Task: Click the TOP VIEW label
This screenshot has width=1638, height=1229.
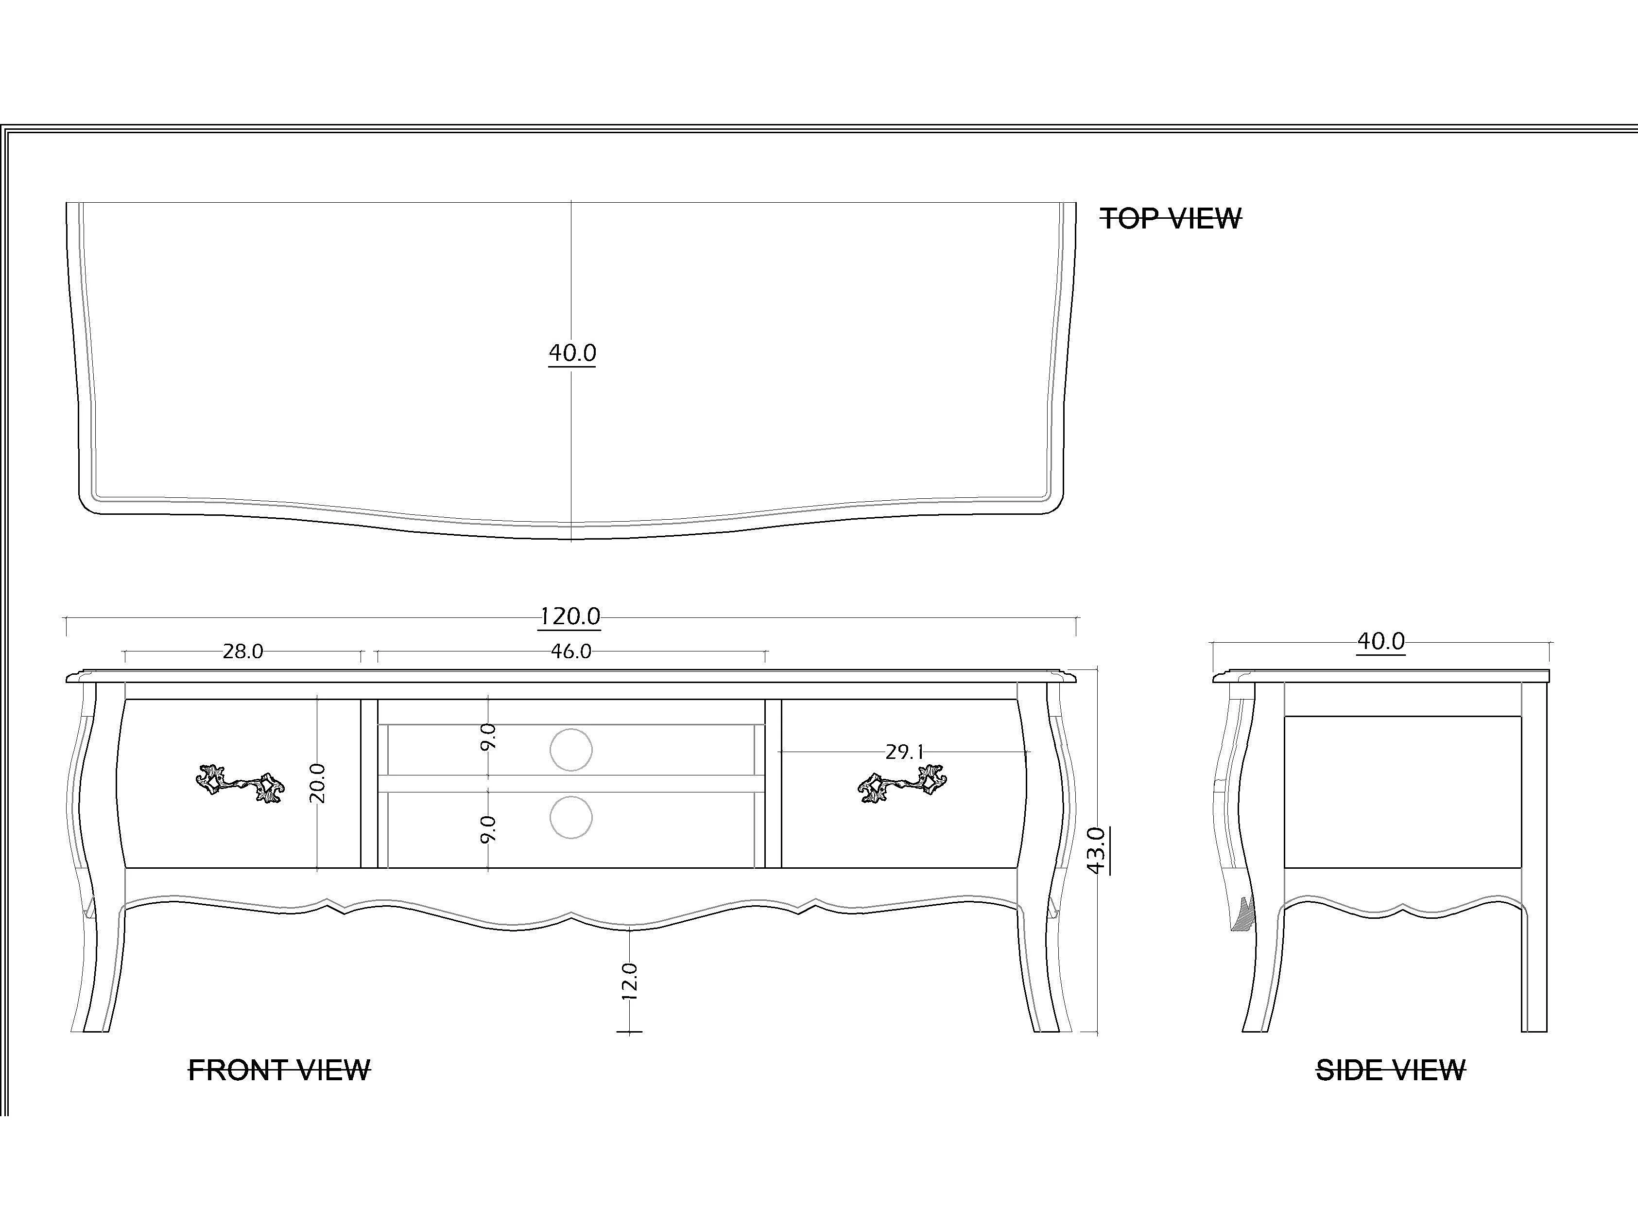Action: click(1171, 219)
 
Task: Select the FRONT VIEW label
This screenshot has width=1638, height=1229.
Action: click(279, 1071)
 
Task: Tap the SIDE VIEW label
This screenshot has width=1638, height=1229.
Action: click(1390, 1071)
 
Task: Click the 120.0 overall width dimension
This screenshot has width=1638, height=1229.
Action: click(569, 616)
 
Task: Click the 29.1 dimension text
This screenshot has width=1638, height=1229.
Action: click(904, 752)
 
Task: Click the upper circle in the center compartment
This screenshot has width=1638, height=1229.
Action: click(571, 750)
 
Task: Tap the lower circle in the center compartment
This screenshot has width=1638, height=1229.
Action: click(571, 818)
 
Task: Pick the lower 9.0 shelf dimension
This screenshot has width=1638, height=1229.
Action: click(488, 828)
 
